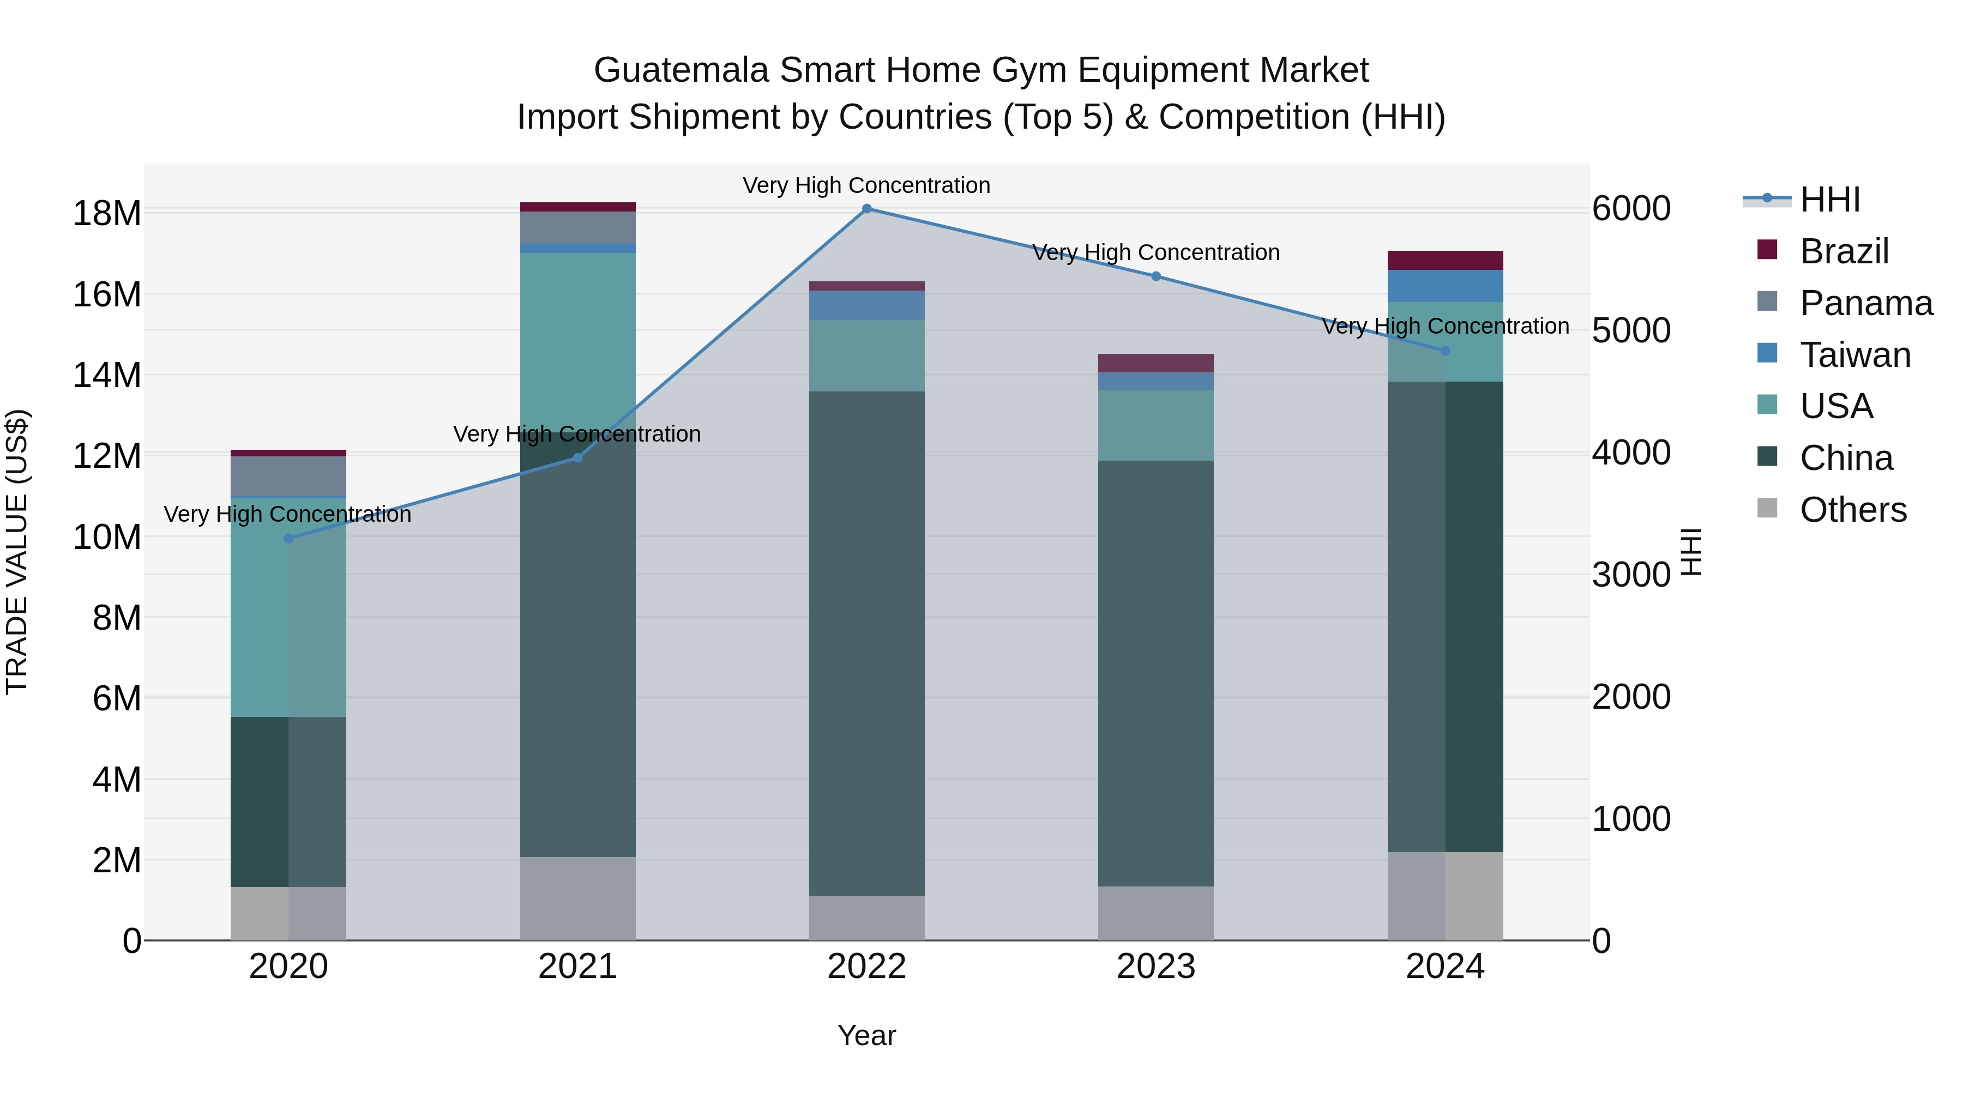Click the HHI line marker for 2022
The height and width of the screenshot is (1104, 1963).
[866, 209]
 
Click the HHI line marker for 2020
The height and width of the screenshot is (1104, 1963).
[288, 539]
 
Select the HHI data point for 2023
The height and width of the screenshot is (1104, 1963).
[1156, 276]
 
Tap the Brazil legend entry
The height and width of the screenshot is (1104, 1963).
[1844, 251]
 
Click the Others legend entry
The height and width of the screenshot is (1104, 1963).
[1852, 510]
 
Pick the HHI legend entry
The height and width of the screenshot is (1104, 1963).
[1829, 200]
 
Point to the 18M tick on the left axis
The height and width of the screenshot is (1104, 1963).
[107, 213]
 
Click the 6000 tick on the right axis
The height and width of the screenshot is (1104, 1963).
[1631, 209]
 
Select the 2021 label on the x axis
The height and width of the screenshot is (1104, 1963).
[577, 967]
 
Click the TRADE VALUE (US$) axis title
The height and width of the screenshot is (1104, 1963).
[17, 552]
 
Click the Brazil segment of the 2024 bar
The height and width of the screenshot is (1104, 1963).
[1445, 261]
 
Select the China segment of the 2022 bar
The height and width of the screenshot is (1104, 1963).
[866, 644]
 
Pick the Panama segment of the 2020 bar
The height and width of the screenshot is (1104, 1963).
[288, 476]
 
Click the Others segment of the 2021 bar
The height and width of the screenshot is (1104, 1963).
[577, 899]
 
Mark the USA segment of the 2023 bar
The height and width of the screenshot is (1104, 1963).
[1156, 425]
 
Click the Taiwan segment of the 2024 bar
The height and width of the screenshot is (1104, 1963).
[1445, 286]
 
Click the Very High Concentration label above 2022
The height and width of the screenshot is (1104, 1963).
[866, 185]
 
